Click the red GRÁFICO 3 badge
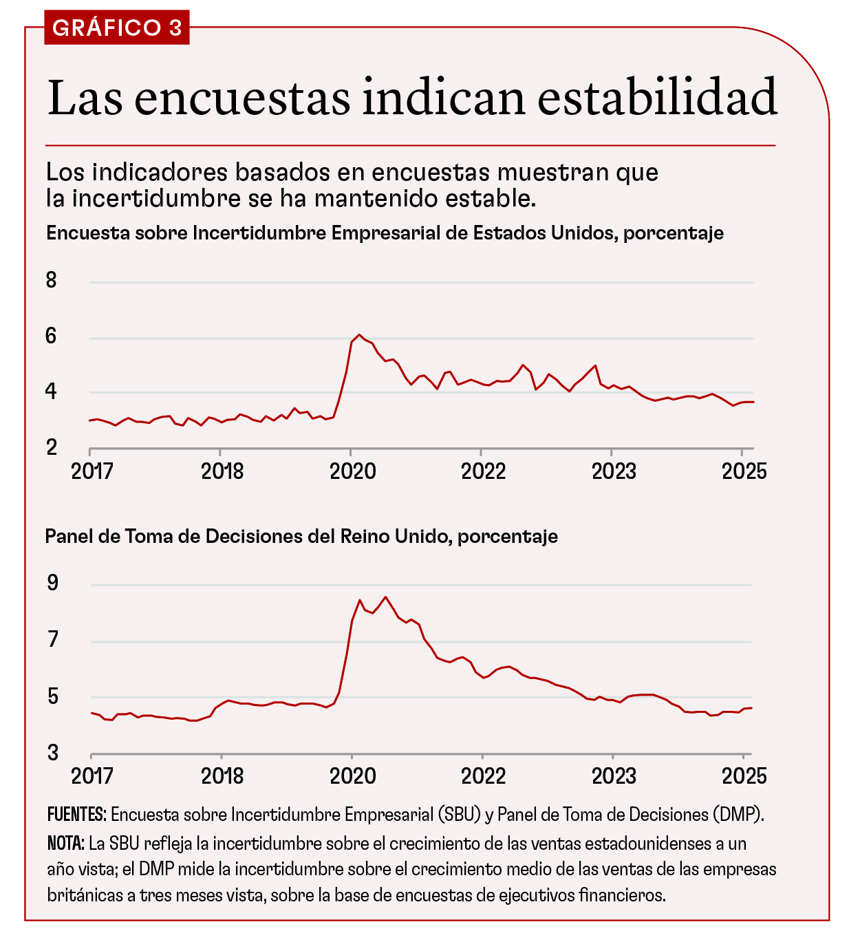(116, 28)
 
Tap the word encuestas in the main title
(243, 97)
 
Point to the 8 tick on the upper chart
(52, 280)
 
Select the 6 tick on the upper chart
(52, 336)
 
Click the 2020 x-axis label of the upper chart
(352, 471)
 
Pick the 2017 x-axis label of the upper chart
(92, 471)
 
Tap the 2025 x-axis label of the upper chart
(744, 471)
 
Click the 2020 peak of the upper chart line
(359, 335)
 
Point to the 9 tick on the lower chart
(52, 584)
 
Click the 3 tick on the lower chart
(52, 753)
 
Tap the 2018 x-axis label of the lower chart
(222, 776)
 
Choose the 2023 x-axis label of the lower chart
(614, 776)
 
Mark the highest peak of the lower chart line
(385, 597)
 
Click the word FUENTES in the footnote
(76, 815)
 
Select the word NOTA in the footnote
(66, 843)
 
